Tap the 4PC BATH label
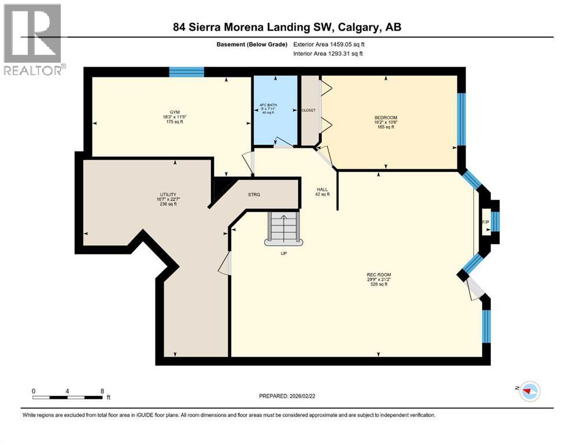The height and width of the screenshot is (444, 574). tap(267, 105)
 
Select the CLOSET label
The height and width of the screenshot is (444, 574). tap(309, 110)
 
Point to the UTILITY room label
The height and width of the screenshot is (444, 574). tap(168, 194)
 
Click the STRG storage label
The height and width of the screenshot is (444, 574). tap(254, 194)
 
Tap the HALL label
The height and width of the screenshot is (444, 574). tap(323, 189)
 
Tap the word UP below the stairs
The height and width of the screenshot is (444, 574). tap(283, 253)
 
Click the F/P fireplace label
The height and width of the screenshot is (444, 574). tap(485, 222)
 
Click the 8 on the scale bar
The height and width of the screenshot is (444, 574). tap(102, 391)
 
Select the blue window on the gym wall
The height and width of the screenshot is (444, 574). tap(186, 72)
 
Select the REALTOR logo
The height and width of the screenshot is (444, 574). tap(34, 39)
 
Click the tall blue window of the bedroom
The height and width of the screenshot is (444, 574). tap(461, 119)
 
